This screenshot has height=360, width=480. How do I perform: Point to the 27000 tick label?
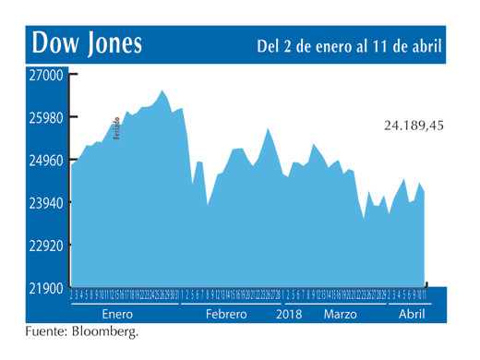tap(44, 76)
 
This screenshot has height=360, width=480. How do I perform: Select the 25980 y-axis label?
tap(44, 118)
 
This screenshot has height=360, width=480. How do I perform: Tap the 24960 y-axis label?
tap(44, 161)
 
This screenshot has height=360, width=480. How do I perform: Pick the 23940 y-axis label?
tap(44, 203)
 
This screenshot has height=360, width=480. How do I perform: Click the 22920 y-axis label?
tap(44, 246)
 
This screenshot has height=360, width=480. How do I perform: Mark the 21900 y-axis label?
tap(44, 289)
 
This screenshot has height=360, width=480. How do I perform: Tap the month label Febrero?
tap(226, 314)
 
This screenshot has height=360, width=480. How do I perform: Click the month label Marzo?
tap(340, 314)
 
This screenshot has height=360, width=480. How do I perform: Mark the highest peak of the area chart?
tap(162, 90)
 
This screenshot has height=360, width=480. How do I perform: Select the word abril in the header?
tap(425, 45)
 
